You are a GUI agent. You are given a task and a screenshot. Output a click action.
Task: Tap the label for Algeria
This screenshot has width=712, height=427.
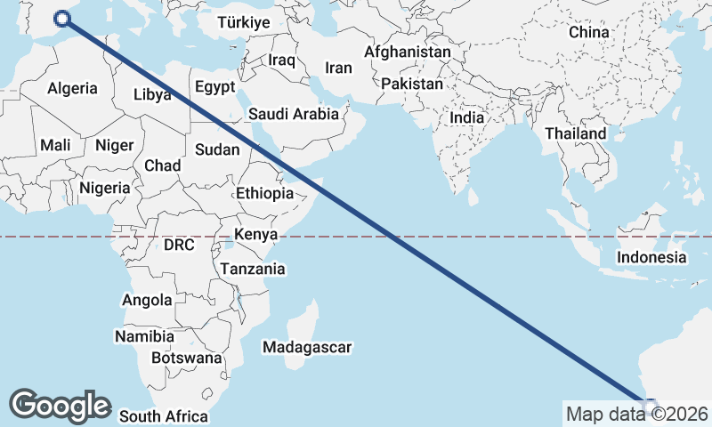[x=72, y=89]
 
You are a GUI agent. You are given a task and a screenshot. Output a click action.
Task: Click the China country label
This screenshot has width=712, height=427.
[x=588, y=32]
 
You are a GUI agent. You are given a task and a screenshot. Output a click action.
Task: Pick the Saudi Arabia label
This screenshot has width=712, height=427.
[x=293, y=114]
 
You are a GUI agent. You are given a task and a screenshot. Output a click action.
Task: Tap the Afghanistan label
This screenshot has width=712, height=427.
[x=408, y=52]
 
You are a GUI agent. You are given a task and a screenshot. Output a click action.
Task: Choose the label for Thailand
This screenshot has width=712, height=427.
[x=575, y=133]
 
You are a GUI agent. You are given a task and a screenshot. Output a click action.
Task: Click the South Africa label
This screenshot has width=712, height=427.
[x=163, y=416]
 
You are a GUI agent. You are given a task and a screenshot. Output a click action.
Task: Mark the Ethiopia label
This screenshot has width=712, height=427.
[x=264, y=193]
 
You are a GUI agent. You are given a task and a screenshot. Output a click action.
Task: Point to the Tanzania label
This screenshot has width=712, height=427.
[x=253, y=269]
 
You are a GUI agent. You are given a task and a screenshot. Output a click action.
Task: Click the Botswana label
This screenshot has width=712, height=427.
[x=186, y=359]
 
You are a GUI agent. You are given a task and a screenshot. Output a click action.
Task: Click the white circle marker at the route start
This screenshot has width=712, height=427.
[x=62, y=19]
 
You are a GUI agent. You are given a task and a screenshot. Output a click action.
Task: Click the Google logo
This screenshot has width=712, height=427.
[x=60, y=405]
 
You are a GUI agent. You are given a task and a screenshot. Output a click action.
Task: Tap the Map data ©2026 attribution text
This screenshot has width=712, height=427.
[x=636, y=414]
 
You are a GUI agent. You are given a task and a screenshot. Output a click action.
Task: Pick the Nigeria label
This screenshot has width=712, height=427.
[x=104, y=189]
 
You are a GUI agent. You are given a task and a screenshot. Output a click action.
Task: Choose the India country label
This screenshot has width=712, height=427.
[x=466, y=117]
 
